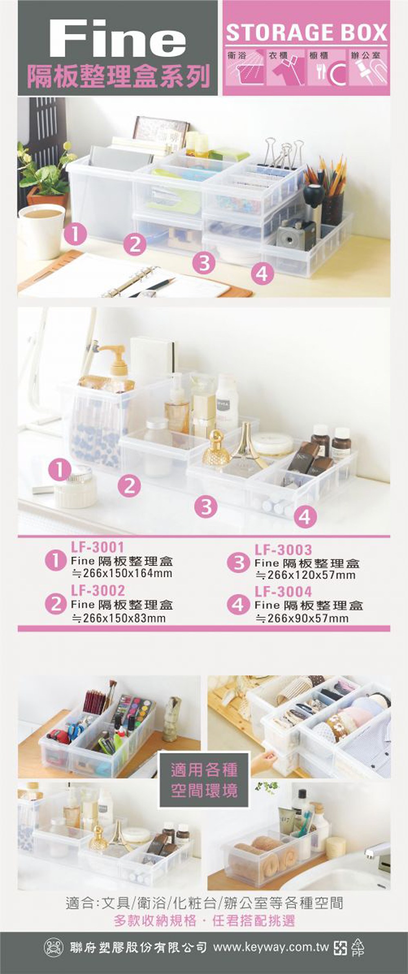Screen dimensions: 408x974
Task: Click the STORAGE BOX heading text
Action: coord(306,33)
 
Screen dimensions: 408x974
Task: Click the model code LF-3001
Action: coord(98,547)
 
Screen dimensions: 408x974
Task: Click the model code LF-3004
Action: coord(283,591)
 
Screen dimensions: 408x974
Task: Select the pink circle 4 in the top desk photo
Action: coord(262,273)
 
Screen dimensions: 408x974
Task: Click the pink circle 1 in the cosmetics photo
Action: coord(60,471)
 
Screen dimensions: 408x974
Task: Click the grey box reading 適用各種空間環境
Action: coord(204,779)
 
